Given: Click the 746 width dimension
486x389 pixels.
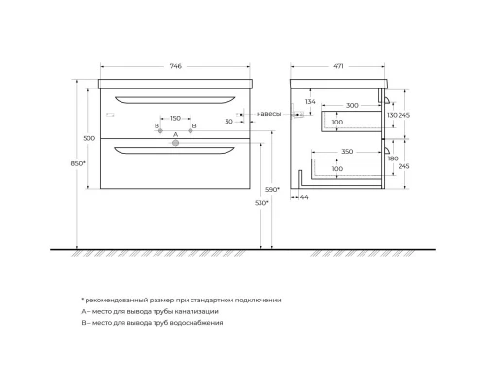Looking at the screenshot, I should (175, 66).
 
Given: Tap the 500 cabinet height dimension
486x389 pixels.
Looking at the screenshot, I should (89, 138).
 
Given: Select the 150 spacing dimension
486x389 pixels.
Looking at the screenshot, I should (175, 119).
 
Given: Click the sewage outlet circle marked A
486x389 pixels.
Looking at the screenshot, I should (176, 143).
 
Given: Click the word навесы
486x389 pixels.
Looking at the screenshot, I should (269, 115).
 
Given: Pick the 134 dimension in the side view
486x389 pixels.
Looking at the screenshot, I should (309, 101).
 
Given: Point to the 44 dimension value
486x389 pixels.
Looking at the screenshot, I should (305, 198).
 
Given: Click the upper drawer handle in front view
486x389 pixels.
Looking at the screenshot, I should (175, 97).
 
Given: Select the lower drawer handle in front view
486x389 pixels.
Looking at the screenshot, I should (176, 150).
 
